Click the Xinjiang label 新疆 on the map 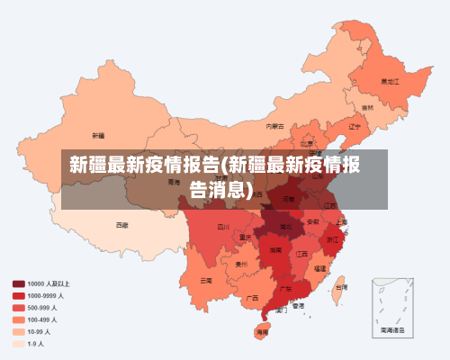point(98,135)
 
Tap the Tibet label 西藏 point(121,224)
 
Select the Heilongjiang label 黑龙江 point(389,80)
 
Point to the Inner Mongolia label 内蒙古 point(275,126)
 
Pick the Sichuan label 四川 point(223,227)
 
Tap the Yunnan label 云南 point(207,280)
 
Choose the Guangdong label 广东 point(284,289)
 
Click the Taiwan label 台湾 point(341,287)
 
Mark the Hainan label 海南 point(262,332)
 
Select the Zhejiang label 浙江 point(333,239)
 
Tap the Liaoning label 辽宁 point(354,126)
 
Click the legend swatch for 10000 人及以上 point(18,283)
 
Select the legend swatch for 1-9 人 point(18,343)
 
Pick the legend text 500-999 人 point(43,307)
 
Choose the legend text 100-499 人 point(43,319)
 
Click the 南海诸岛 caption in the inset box point(392,331)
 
